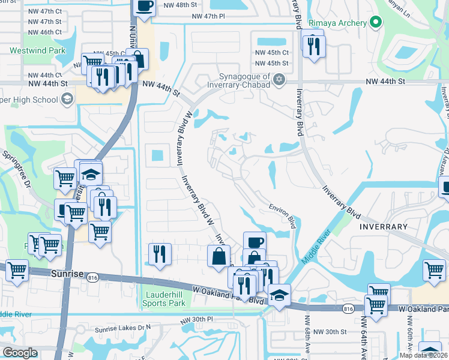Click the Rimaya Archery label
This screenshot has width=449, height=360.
click(x=338, y=23)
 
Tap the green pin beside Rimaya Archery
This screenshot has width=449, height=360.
click(x=376, y=23)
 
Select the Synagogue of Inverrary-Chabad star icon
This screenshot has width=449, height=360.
click(x=279, y=80)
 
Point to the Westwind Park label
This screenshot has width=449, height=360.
click(x=37, y=51)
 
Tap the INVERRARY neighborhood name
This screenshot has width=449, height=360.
click(x=383, y=227)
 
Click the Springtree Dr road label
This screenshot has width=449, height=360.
click(x=16, y=171)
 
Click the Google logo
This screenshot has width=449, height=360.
click(x=20, y=352)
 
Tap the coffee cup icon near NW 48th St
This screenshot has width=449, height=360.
click(x=144, y=7)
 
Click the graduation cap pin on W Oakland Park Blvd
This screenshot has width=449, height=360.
click(x=280, y=295)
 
